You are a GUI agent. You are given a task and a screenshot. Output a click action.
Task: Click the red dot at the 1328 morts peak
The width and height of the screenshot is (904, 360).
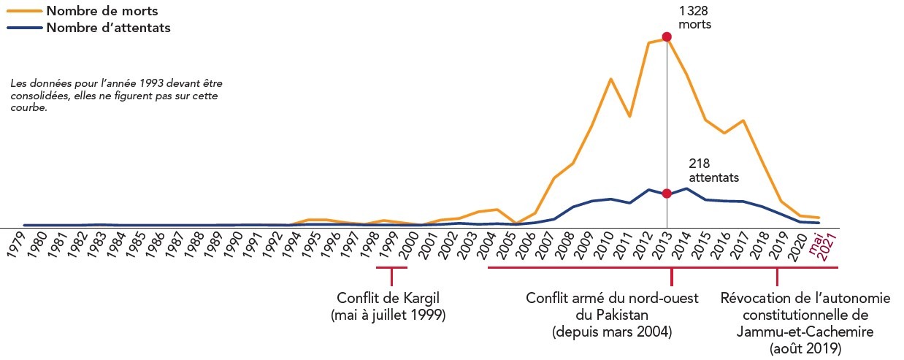(x=666, y=37)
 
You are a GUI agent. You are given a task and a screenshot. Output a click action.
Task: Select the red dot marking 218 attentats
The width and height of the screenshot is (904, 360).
(x=666, y=194)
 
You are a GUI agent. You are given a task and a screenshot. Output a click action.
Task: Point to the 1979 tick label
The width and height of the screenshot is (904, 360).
(x=20, y=246)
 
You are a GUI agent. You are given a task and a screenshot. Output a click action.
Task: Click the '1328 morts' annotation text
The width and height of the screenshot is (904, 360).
(x=694, y=18)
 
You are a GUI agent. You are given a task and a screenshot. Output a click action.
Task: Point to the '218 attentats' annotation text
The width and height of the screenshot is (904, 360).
(x=713, y=171)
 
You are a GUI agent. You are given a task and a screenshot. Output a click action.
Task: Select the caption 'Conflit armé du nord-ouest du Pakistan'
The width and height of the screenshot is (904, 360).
(x=612, y=315)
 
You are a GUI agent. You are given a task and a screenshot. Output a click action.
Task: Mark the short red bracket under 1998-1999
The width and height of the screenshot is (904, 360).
(x=391, y=269)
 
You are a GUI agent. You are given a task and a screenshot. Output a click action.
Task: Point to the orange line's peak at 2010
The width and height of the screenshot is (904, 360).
(x=610, y=79)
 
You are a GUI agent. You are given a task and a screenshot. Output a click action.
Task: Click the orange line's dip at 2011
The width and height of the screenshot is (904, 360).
(x=629, y=116)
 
